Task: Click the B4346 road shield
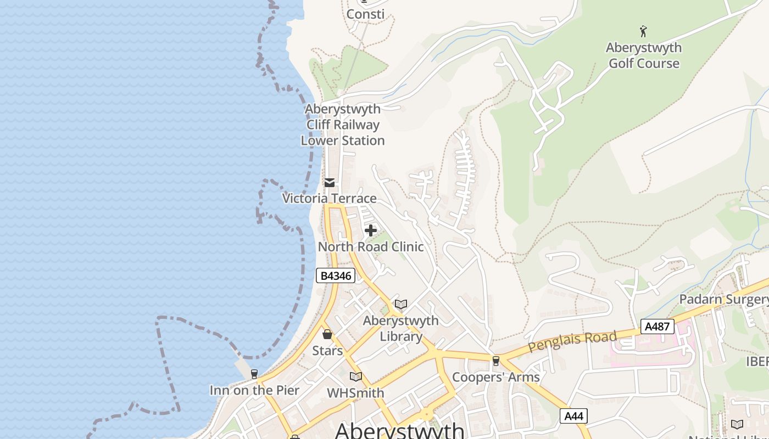(x=335, y=275)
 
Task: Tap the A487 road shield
(x=657, y=327)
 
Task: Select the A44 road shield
(x=573, y=416)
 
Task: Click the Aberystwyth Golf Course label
(x=643, y=55)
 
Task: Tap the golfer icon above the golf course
(x=643, y=31)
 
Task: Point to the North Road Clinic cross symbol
(x=371, y=230)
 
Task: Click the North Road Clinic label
(x=371, y=247)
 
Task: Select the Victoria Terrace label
(x=329, y=198)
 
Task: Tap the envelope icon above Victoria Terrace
(x=329, y=183)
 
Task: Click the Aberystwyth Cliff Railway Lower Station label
(x=343, y=125)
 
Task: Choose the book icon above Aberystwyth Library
(x=401, y=304)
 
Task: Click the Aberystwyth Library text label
(x=401, y=328)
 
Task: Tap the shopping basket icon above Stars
(x=327, y=334)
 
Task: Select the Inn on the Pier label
(x=254, y=390)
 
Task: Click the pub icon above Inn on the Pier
(x=254, y=374)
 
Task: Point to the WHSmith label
(x=355, y=393)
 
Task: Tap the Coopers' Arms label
(x=495, y=377)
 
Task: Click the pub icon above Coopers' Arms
(x=495, y=361)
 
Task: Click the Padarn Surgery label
(x=723, y=299)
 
